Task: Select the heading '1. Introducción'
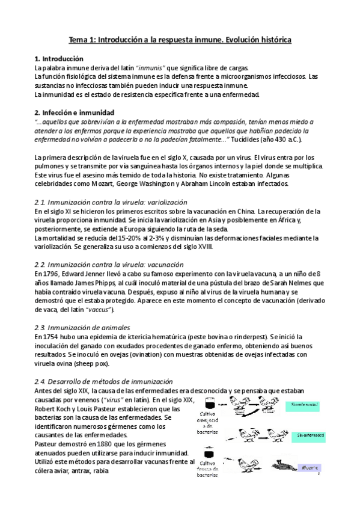59,58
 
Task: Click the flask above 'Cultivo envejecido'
210,401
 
